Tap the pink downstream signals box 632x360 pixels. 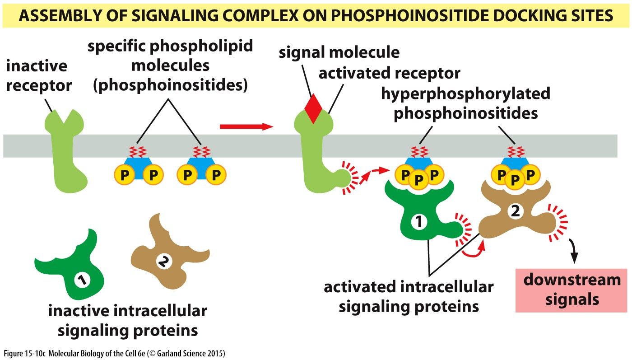click(x=572, y=290)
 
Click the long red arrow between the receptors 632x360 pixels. click(x=246, y=126)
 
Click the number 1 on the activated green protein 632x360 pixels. click(x=418, y=222)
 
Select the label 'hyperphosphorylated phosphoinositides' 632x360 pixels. click(x=465, y=103)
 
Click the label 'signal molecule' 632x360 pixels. click(x=339, y=52)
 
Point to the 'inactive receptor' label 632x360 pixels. click(x=38, y=75)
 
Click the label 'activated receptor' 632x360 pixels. click(x=389, y=73)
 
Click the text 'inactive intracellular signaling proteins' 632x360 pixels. click(x=128, y=320)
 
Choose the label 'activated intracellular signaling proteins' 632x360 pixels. click(x=409, y=296)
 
